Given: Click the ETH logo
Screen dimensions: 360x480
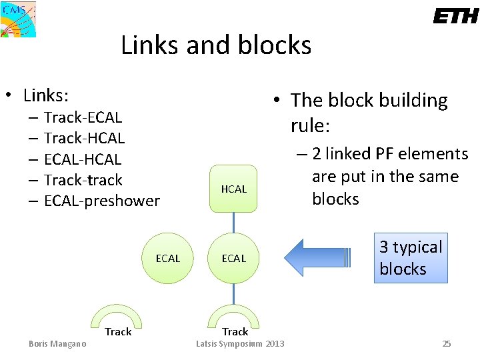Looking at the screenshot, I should tap(455, 17).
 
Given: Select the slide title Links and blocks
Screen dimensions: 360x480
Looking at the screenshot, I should tap(216, 45).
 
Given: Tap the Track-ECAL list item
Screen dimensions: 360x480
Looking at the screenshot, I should tap(83, 118).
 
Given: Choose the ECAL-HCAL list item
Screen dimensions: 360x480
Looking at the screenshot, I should tap(83, 159).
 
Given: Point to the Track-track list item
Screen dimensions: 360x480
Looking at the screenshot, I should tap(83, 180).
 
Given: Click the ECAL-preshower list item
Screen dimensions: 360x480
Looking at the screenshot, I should tap(101, 201).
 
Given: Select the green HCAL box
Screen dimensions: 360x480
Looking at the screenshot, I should tap(233, 189).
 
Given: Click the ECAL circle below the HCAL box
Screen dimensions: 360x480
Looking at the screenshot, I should tap(233, 258).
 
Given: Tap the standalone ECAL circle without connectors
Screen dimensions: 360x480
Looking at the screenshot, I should tap(167, 258).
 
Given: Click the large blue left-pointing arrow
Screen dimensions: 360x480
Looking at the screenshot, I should tap(323, 258).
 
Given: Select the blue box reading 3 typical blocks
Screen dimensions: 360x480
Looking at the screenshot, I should tap(411, 258).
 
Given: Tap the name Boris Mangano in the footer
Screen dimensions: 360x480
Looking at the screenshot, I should tap(57, 344).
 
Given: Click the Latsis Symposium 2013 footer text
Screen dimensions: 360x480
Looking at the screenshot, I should tap(240, 344).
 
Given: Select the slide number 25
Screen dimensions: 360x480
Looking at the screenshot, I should tap(447, 344).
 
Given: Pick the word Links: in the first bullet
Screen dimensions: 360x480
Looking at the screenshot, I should tap(47, 95).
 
